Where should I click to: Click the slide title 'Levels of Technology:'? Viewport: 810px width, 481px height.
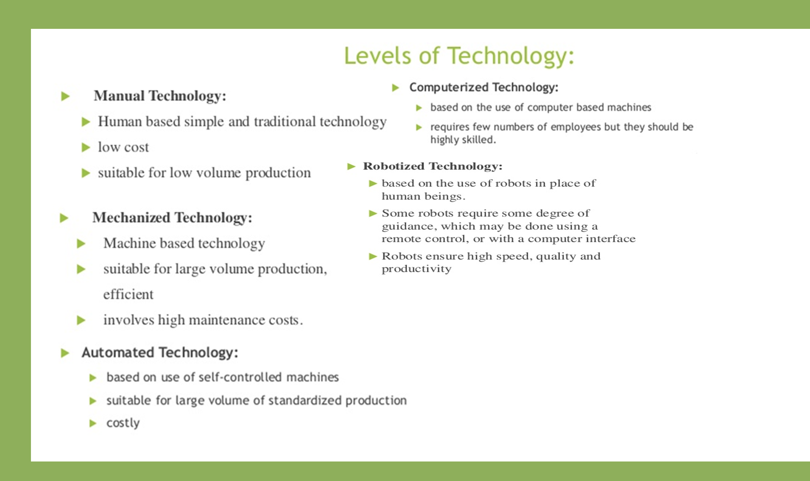(x=458, y=56)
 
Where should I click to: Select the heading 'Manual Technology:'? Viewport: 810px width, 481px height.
(x=160, y=96)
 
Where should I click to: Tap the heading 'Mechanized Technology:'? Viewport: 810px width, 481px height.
(x=172, y=218)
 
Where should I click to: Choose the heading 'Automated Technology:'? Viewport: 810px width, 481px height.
(x=160, y=352)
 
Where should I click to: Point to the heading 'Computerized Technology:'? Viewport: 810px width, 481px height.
(x=483, y=87)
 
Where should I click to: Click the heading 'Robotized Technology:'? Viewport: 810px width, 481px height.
(x=433, y=166)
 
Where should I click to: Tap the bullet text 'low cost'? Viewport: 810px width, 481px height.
(x=123, y=147)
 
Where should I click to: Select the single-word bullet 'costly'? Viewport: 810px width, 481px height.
(x=123, y=423)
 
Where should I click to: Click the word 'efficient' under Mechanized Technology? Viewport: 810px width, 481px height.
(x=128, y=294)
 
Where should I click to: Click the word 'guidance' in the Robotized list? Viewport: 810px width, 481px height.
(x=409, y=227)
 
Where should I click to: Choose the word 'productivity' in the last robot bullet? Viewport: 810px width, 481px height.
(x=416, y=269)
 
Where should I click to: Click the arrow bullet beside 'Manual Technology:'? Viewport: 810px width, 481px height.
(x=65, y=96)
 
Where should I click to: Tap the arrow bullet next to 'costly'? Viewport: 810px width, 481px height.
(x=93, y=423)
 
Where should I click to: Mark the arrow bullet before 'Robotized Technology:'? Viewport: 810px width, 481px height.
(x=351, y=166)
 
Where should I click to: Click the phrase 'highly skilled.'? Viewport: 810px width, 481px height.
(x=463, y=140)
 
